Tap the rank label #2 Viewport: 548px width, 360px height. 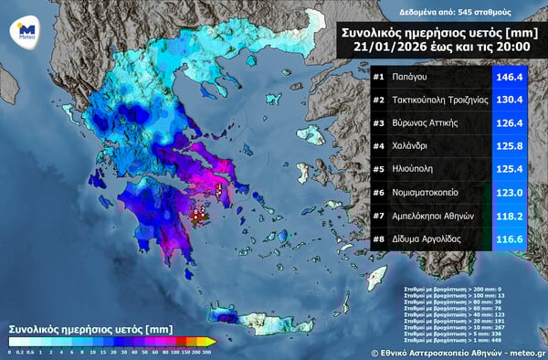point(379,100)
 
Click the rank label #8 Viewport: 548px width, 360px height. point(379,238)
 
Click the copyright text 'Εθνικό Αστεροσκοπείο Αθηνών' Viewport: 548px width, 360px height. point(448,351)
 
